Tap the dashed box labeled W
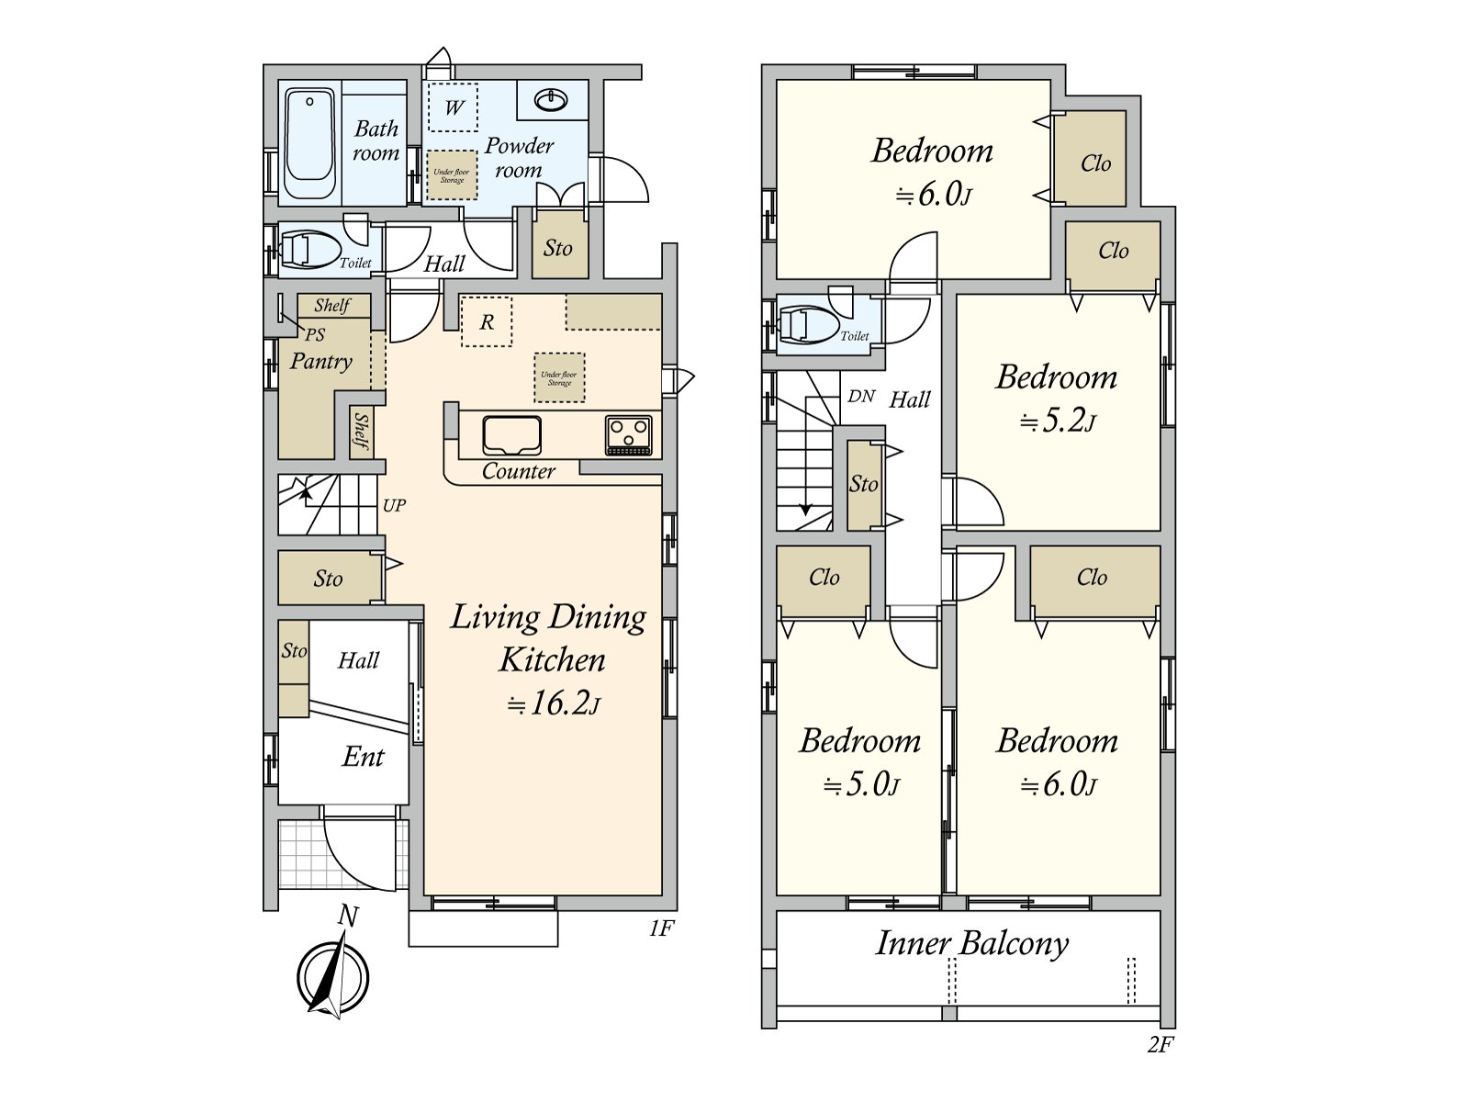click(x=454, y=107)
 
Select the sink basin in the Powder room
click(x=550, y=99)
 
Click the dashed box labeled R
click(x=487, y=321)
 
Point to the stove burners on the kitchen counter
click(x=629, y=433)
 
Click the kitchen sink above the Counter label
click(x=511, y=435)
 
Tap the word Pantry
click(x=321, y=361)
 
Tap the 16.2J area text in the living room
click(x=555, y=704)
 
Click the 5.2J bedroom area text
click(x=1058, y=421)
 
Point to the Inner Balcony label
click(x=971, y=943)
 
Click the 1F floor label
click(x=661, y=928)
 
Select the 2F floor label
click(x=1160, y=1044)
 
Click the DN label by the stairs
click(x=861, y=397)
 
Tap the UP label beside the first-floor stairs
click(x=394, y=505)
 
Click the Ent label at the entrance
click(x=363, y=757)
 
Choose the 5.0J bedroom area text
click(x=861, y=785)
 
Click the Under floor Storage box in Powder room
click(x=452, y=174)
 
